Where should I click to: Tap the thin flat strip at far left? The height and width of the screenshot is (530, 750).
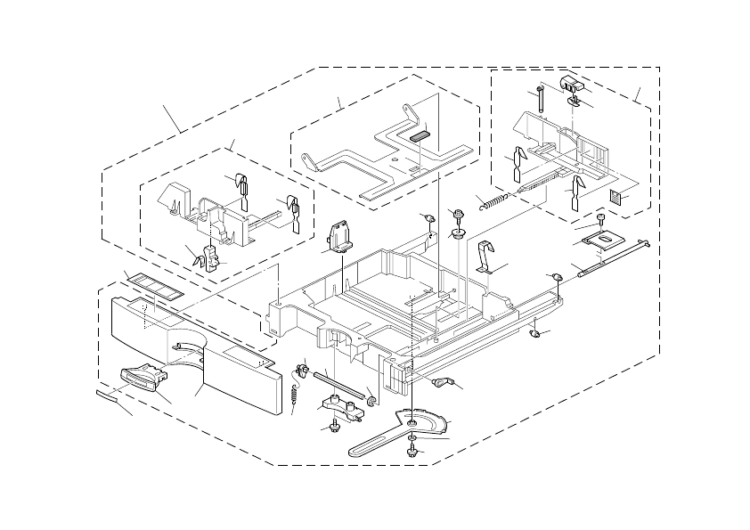110,396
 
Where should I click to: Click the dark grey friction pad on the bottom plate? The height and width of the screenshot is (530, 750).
420,137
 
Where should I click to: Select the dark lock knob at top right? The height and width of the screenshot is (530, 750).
570,85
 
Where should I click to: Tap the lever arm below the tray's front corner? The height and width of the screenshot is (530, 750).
441,382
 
